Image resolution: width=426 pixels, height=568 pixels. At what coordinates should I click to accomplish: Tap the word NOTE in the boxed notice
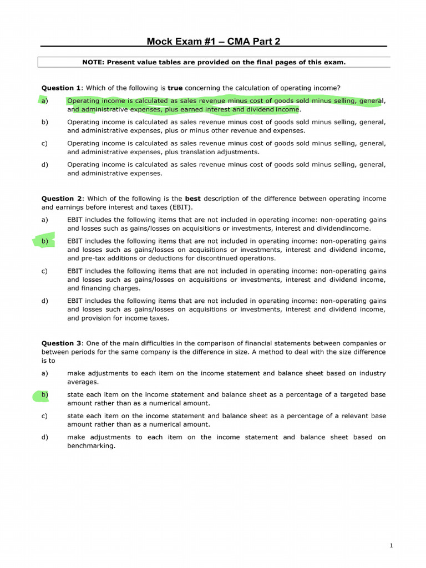pyautogui.click(x=93, y=62)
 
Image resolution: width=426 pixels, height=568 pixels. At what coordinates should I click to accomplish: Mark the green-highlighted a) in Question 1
pyautogui.click(x=44, y=101)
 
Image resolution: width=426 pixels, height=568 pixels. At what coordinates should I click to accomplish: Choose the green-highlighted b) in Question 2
pyautogui.click(x=44, y=241)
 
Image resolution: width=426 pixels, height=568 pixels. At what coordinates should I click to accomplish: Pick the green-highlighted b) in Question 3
pyautogui.click(x=44, y=394)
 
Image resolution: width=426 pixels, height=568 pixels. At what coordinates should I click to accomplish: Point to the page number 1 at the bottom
pyautogui.click(x=391, y=546)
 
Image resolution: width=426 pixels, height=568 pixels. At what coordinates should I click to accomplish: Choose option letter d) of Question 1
pyautogui.click(x=44, y=164)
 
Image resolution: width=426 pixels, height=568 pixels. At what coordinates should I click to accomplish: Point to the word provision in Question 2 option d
pyautogui.click(x=98, y=318)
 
